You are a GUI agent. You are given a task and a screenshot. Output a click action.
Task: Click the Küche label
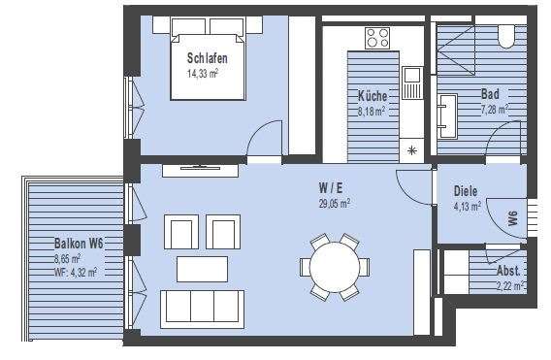tap(372, 97)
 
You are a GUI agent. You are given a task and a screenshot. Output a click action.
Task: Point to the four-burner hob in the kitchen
tap(377, 39)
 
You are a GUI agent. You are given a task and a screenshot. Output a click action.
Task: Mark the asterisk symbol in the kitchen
tap(411, 150)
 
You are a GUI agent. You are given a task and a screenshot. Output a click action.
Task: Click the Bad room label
tap(491, 96)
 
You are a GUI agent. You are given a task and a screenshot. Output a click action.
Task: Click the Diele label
tap(467, 190)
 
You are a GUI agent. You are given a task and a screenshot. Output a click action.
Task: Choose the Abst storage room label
tap(508, 273)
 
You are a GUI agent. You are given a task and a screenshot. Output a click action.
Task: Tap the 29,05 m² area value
tap(334, 204)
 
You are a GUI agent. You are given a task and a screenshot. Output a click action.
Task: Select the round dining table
tap(333, 265)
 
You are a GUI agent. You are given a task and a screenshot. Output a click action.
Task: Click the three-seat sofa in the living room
tap(202, 308)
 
